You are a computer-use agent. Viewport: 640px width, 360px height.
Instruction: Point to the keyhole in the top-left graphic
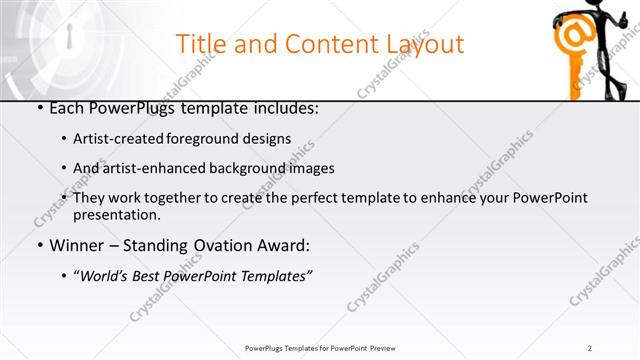pyautogui.click(x=69, y=37)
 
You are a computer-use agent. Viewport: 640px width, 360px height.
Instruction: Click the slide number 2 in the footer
pyautogui.click(x=590, y=347)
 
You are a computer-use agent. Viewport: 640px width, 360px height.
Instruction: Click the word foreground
pyautogui.click(x=213, y=139)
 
